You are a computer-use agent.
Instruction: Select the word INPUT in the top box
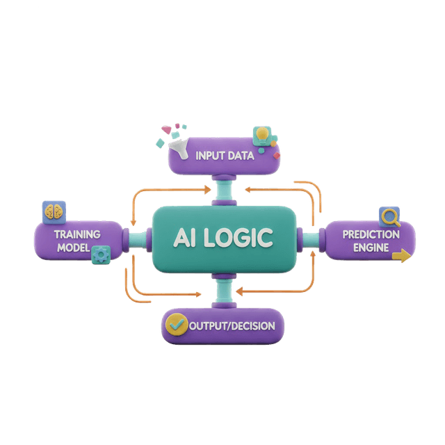point(211,155)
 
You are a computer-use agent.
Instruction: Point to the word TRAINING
point(77,234)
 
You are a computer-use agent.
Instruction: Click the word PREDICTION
point(371,234)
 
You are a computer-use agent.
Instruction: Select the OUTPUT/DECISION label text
point(232,325)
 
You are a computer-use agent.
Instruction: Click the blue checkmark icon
point(177,325)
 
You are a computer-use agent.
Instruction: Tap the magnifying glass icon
point(389,217)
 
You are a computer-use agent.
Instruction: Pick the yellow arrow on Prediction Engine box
point(401,257)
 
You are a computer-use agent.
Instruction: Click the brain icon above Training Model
point(53,211)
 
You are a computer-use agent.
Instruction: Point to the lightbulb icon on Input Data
point(263,134)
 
